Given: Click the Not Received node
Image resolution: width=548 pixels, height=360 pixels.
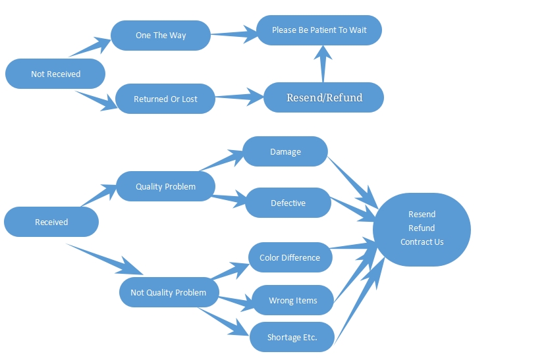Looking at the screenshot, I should (x=55, y=74).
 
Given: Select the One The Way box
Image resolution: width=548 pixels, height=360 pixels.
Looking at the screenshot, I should (x=161, y=35).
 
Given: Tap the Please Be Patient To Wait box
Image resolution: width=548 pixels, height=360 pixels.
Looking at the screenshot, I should (x=319, y=30).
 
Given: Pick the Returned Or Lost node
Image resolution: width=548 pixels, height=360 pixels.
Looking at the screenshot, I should (x=165, y=99).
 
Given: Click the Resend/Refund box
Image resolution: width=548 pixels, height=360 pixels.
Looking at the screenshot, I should (x=324, y=97).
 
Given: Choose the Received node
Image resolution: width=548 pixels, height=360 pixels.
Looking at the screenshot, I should (x=51, y=222).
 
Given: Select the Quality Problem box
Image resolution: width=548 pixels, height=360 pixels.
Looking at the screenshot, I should (x=165, y=186).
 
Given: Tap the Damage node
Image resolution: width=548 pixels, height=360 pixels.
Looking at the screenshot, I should (x=285, y=151).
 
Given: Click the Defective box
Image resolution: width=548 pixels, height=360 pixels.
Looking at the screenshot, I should (x=288, y=203).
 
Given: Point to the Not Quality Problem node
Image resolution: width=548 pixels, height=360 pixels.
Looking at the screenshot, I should (x=168, y=292).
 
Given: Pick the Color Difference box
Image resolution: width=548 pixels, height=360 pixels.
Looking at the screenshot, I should (x=290, y=257).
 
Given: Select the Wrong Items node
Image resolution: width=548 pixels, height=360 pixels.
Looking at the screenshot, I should (x=292, y=300).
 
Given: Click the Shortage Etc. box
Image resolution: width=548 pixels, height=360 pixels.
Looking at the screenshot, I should (x=292, y=338).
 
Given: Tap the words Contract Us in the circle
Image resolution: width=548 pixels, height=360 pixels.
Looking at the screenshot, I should (x=422, y=242).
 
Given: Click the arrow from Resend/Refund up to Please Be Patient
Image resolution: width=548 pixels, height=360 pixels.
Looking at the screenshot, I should (x=323, y=63).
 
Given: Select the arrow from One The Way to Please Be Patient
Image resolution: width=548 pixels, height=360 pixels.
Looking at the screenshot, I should (x=234, y=34).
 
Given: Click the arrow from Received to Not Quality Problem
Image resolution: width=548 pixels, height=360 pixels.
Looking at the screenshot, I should (x=105, y=259).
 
